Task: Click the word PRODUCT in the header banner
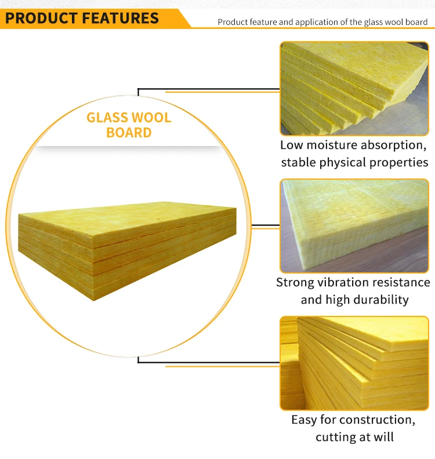[41, 18]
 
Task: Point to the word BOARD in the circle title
[129, 133]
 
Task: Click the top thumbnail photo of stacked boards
[354, 88]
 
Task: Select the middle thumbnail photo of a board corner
[354, 225]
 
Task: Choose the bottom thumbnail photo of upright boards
[354, 363]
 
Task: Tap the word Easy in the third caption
[304, 420]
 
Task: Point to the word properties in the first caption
[397, 162]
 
